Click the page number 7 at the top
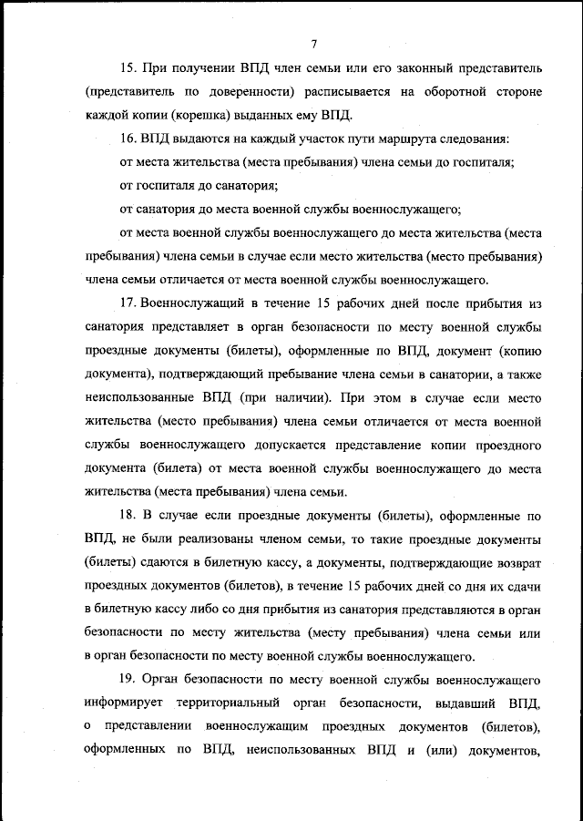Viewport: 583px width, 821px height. point(312,43)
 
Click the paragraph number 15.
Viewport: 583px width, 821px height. point(128,68)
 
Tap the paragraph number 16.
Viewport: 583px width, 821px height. point(128,139)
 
